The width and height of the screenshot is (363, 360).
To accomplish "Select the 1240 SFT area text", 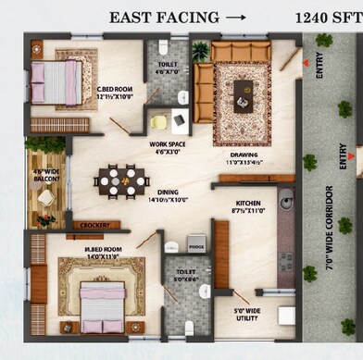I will (328, 16).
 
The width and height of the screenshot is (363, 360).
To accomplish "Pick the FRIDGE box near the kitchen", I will (196, 247).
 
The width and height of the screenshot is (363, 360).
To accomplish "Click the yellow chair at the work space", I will (159, 121).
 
